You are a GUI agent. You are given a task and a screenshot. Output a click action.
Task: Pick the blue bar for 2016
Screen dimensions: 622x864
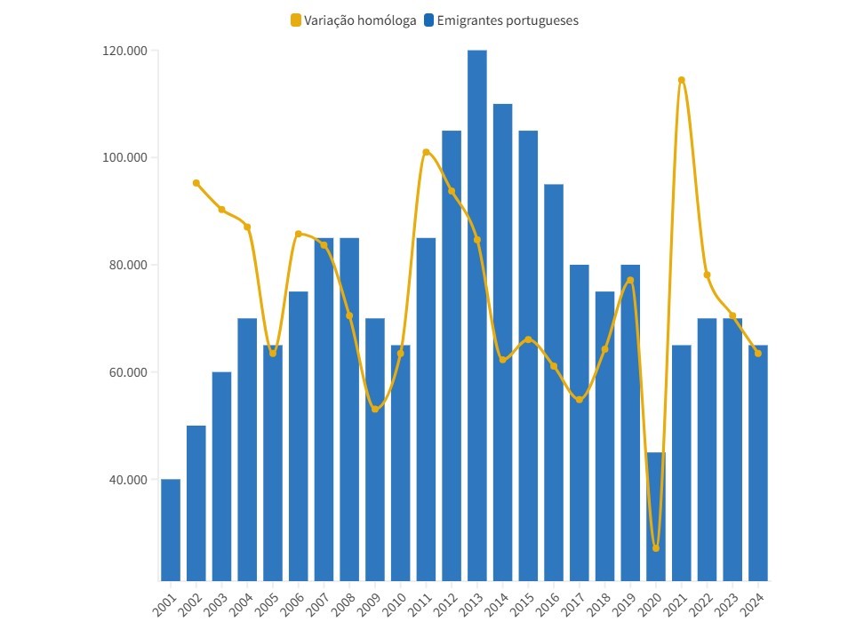click(x=554, y=382)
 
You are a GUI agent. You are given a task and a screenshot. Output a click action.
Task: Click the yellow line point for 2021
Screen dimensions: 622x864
click(x=682, y=80)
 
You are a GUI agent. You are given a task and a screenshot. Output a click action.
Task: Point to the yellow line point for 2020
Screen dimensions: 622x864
click(x=656, y=548)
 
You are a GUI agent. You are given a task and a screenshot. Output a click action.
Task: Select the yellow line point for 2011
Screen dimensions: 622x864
click(x=426, y=152)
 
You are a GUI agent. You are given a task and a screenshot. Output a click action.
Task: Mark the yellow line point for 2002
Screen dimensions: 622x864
click(x=196, y=183)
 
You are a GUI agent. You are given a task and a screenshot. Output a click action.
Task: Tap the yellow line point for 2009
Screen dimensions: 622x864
click(x=375, y=409)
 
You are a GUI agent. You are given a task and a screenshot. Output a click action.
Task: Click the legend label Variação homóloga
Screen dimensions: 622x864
click(x=360, y=20)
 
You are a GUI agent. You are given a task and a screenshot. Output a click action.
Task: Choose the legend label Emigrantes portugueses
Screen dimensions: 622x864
click(x=508, y=20)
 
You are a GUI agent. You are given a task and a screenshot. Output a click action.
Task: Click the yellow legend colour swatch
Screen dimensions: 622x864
click(x=296, y=20)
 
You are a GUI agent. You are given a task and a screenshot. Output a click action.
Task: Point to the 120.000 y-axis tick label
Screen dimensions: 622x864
click(x=125, y=51)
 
